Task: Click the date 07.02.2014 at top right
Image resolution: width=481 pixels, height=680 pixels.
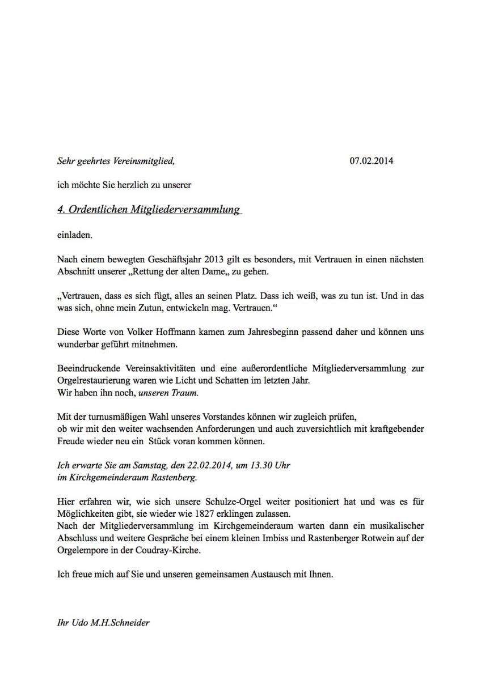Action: pyautogui.click(x=372, y=161)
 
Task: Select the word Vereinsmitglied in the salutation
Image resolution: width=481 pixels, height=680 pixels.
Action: pyautogui.click(x=146, y=161)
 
